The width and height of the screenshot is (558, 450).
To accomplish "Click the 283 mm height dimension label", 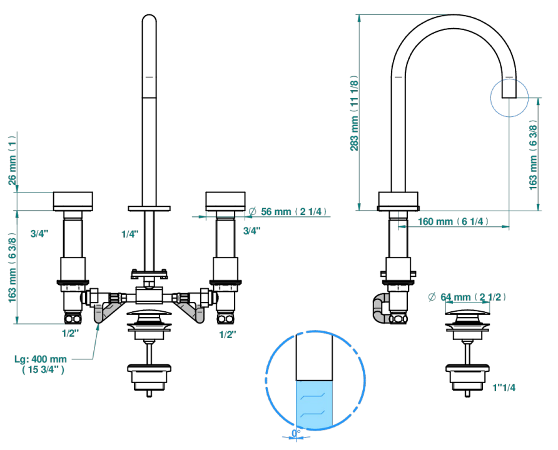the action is click(355, 113).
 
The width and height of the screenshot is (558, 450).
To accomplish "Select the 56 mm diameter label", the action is click(288, 211).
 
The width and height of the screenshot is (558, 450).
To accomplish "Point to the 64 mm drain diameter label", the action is click(467, 297).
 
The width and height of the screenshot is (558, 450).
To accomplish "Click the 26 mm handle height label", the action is click(13, 160).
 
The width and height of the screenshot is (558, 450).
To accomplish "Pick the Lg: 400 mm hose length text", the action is click(41, 364).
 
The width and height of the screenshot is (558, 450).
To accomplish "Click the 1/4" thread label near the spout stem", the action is click(130, 234).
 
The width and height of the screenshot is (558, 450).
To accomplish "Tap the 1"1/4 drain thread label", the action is click(504, 387).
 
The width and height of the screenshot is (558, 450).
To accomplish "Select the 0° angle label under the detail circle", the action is click(296, 433).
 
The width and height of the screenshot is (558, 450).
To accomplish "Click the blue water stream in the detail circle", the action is click(314, 403).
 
